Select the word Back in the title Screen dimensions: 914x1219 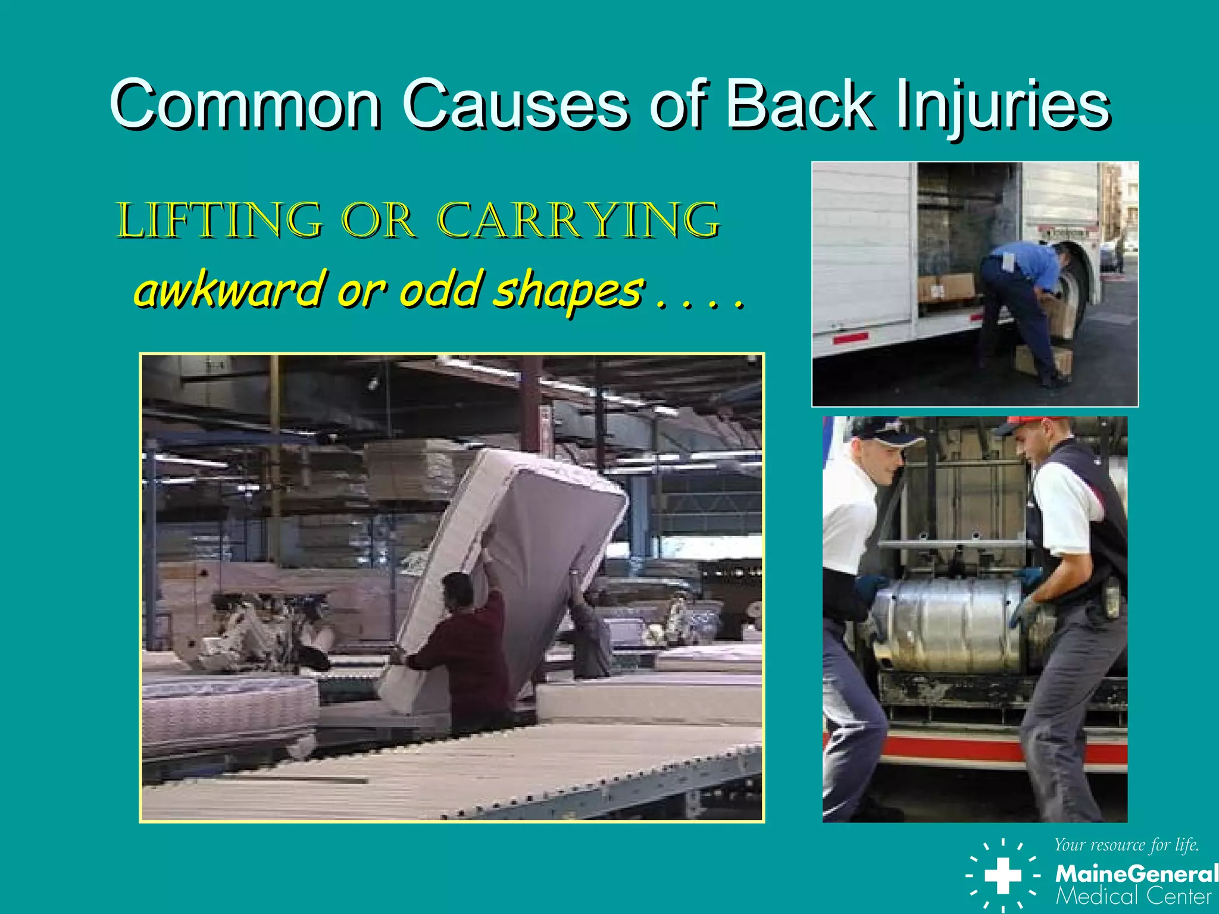[x=801, y=105]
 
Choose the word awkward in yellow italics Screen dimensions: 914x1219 [x=229, y=290]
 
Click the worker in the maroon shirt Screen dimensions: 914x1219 [x=470, y=649]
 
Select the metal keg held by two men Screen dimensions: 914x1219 [x=952, y=625]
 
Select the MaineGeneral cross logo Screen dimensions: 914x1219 [x=1002, y=875]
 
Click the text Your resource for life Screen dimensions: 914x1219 [x=1126, y=845]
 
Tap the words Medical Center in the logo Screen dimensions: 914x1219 [x=1133, y=896]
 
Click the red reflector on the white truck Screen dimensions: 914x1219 [x=850, y=338]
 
